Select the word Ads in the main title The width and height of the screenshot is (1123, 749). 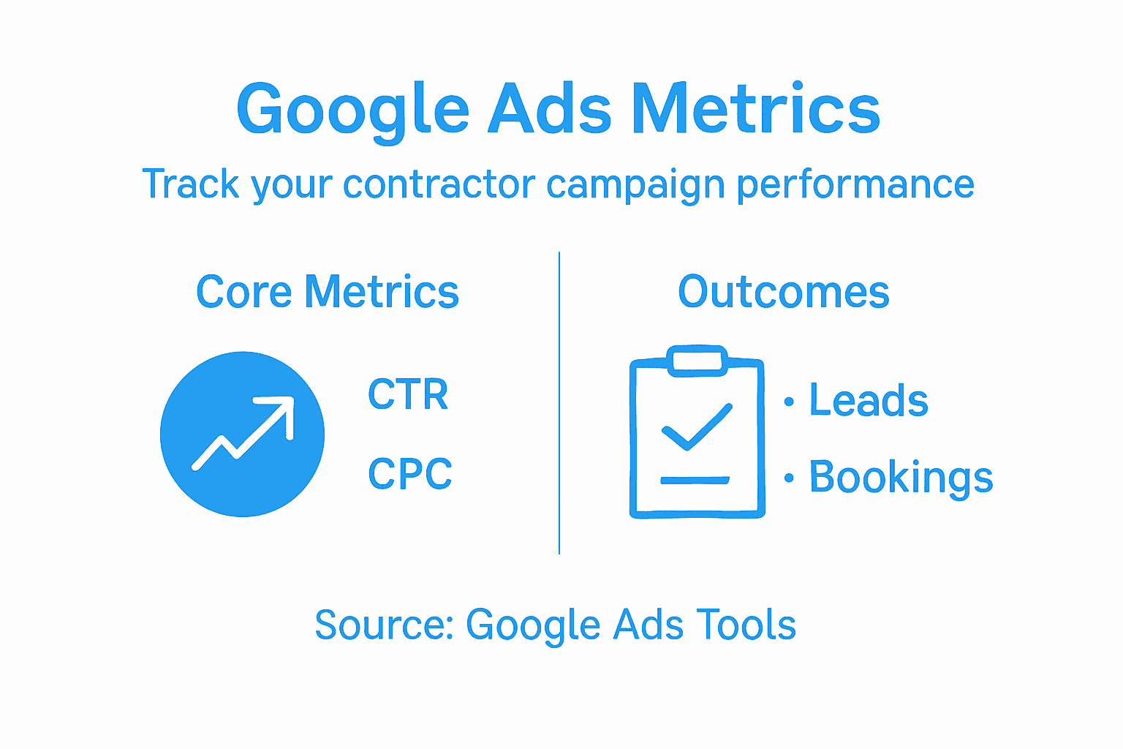[549, 110]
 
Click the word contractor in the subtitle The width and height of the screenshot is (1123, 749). [439, 184]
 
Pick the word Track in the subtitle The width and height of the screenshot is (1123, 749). [191, 184]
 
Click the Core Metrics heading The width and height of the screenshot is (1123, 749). [328, 293]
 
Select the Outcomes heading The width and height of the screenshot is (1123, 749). [783, 293]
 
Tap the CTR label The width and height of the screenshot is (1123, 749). [408, 395]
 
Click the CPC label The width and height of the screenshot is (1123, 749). [410, 474]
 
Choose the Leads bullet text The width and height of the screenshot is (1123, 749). [869, 401]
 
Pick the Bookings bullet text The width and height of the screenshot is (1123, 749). [901, 478]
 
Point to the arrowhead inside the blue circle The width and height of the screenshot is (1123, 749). [281, 410]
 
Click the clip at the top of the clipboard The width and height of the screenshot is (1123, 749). [697, 361]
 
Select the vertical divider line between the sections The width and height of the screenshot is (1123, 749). [559, 402]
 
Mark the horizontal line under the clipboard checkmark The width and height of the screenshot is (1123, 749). [695, 481]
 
